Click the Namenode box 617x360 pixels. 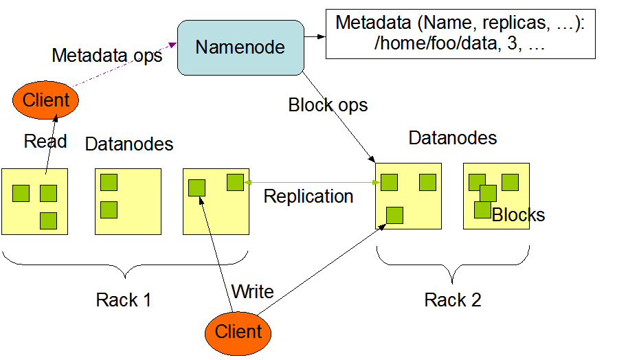[240, 47]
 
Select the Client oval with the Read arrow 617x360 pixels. [46, 100]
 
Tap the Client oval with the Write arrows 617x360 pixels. [238, 332]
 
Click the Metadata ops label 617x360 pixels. [106, 56]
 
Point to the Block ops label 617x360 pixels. [328, 105]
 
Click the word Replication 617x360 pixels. [308, 196]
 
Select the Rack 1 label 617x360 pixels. [124, 300]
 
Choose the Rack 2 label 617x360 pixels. [453, 300]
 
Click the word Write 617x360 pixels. [253, 291]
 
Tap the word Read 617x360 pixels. [45, 142]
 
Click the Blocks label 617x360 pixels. [518, 215]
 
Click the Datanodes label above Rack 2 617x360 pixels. [452, 138]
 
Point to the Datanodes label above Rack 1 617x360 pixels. [129, 144]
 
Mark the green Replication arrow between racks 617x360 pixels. [309, 182]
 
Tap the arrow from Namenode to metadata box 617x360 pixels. [314, 36]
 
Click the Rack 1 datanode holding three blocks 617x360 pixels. [34, 201]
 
